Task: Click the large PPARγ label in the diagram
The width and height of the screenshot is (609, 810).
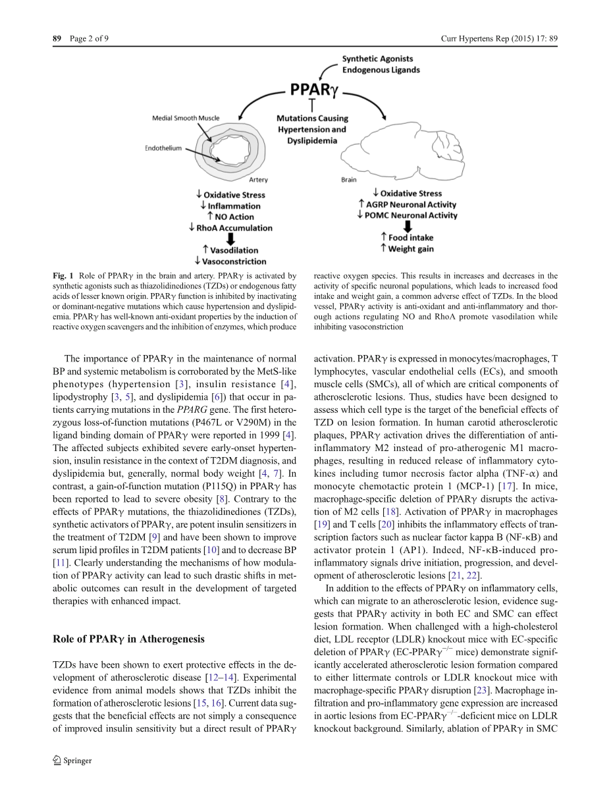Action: (313, 89)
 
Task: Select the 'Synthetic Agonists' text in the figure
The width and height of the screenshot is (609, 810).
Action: (377, 59)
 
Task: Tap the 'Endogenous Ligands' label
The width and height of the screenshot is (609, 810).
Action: (381, 70)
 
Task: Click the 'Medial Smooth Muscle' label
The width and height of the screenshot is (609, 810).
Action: (186, 119)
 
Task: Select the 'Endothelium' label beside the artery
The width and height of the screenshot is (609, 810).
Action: (163, 149)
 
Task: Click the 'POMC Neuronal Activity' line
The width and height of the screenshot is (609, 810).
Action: (411, 215)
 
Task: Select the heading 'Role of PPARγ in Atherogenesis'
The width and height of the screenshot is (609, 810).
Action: (128, 639)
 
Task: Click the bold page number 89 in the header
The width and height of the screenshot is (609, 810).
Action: (57, 39)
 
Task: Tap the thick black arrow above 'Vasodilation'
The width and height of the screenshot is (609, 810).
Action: (230, 239)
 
